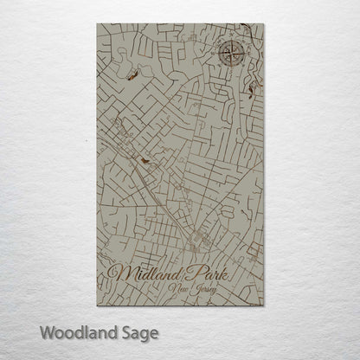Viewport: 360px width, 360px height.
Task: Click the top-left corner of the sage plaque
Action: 98,25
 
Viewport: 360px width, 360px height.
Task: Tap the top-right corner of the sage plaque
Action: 264,25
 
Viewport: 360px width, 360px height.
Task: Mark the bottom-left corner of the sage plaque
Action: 98,305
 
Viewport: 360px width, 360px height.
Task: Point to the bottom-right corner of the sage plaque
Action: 264,305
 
